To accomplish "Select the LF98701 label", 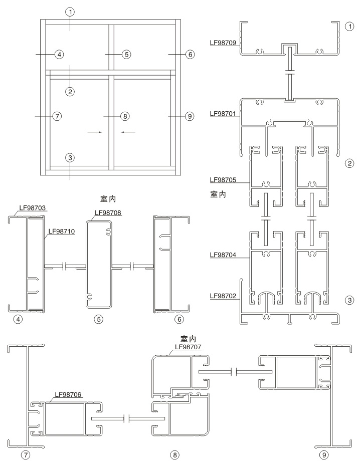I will (x=225, y=114).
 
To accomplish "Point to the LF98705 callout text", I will (x=225, y=179).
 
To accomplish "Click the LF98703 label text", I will (x=33, y=207).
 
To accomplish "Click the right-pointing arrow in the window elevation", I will (x=95, y=132).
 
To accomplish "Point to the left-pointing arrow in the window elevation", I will (x=128, y=132).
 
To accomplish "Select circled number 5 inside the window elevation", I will (x=126, y=54).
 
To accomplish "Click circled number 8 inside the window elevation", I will (x=125, y=116).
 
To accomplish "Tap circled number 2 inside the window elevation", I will (x=70, y=91).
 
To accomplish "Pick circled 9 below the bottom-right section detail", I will (x=324, y=455).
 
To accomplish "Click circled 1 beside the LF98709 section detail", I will (x=349, y=27).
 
